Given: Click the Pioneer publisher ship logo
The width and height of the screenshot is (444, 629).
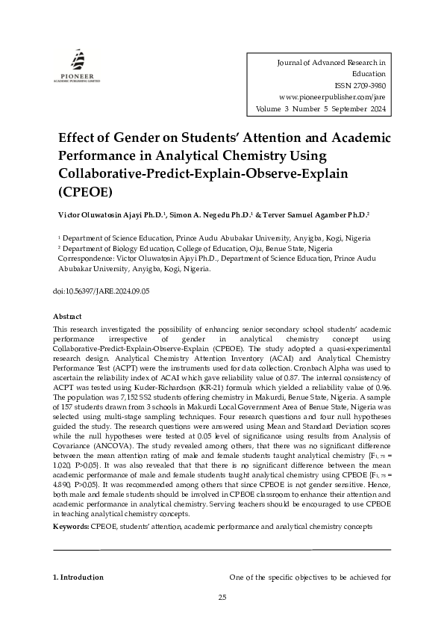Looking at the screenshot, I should [78, 59].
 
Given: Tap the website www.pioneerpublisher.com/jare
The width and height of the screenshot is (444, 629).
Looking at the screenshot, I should [332, 97].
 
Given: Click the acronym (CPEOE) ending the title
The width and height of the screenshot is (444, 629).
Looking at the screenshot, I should [85, 190].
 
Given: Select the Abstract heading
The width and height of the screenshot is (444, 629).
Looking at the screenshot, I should [67, 317].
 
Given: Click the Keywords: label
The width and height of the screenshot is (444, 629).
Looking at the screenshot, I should [71, 527].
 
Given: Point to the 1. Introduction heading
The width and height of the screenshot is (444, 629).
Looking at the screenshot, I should [78, 577].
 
